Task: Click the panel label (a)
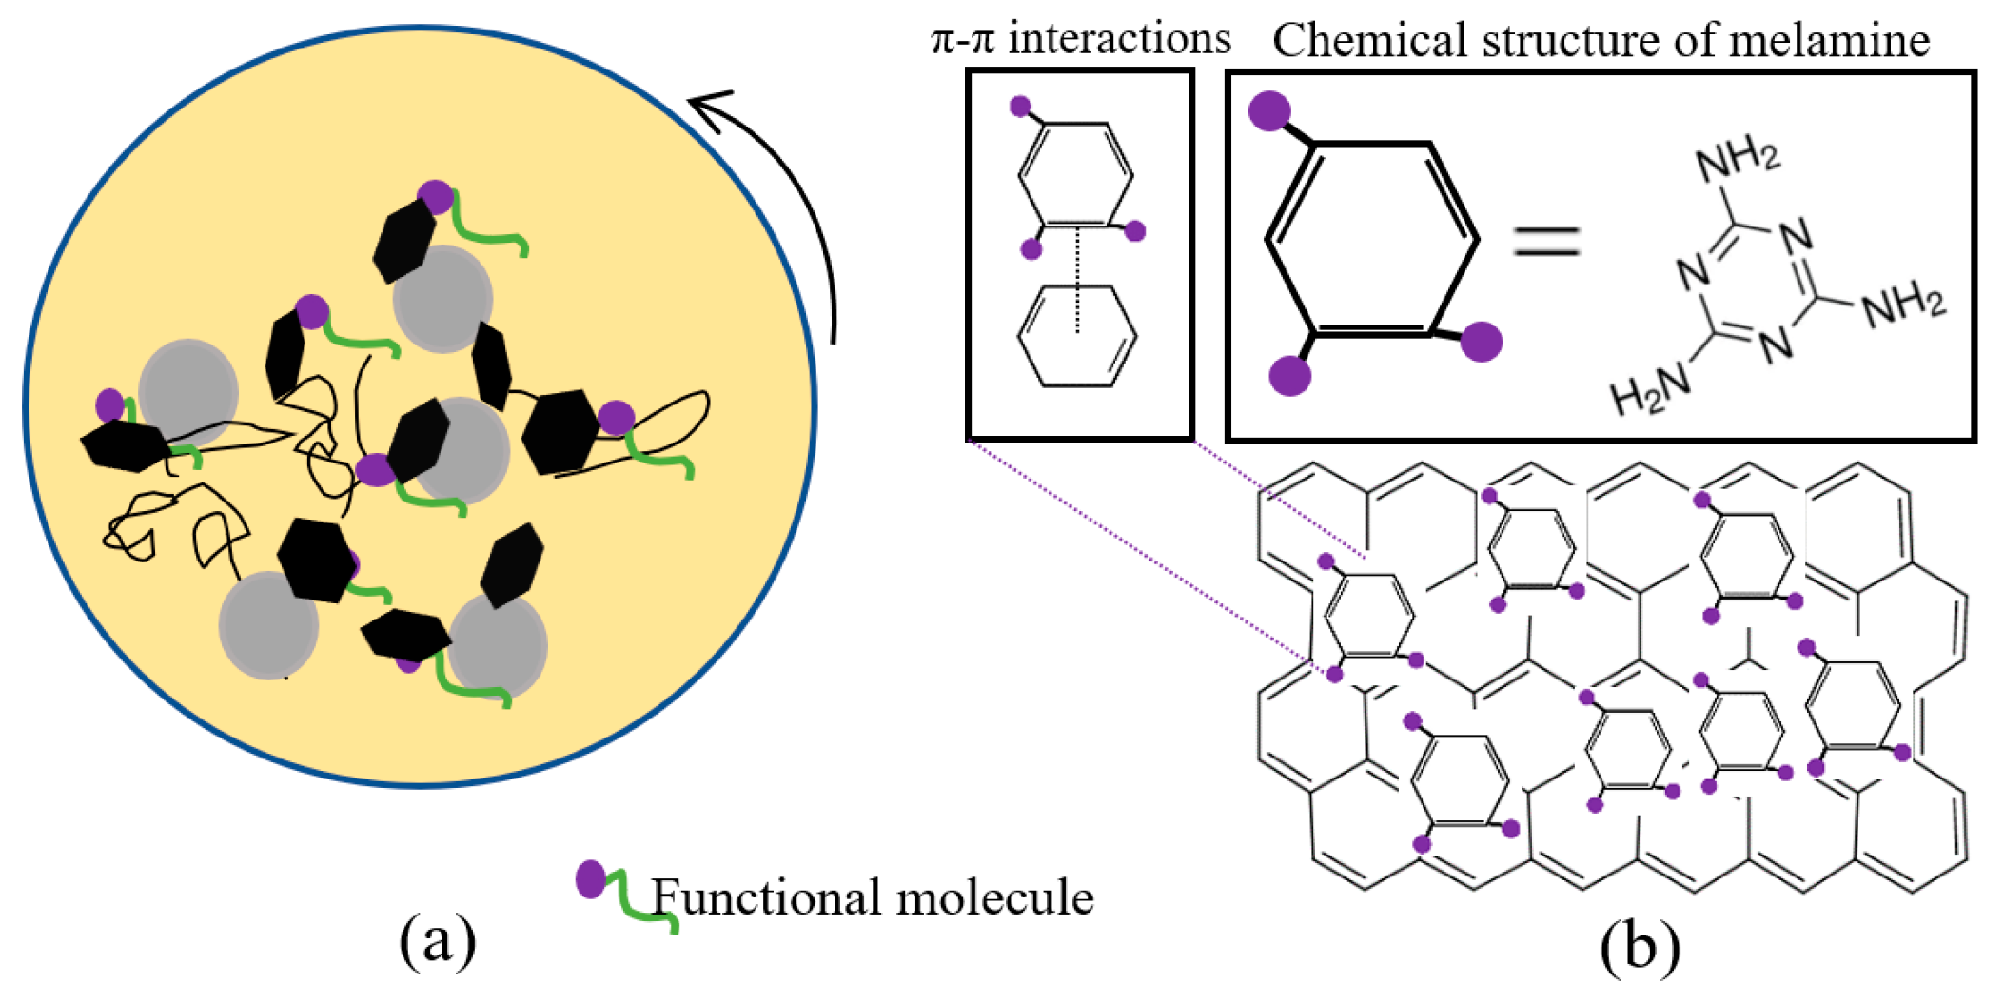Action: coord(437,941)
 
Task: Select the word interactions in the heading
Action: coord(1119,39)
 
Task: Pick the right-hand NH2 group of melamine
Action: coord(1903,305)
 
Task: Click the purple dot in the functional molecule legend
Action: coord(591,879)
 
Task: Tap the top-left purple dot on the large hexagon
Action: coord(1269,110)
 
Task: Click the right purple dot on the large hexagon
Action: coord(1481,341)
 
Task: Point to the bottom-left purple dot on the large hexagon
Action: coord(1290,375)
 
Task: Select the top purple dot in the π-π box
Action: coord(1020,106)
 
